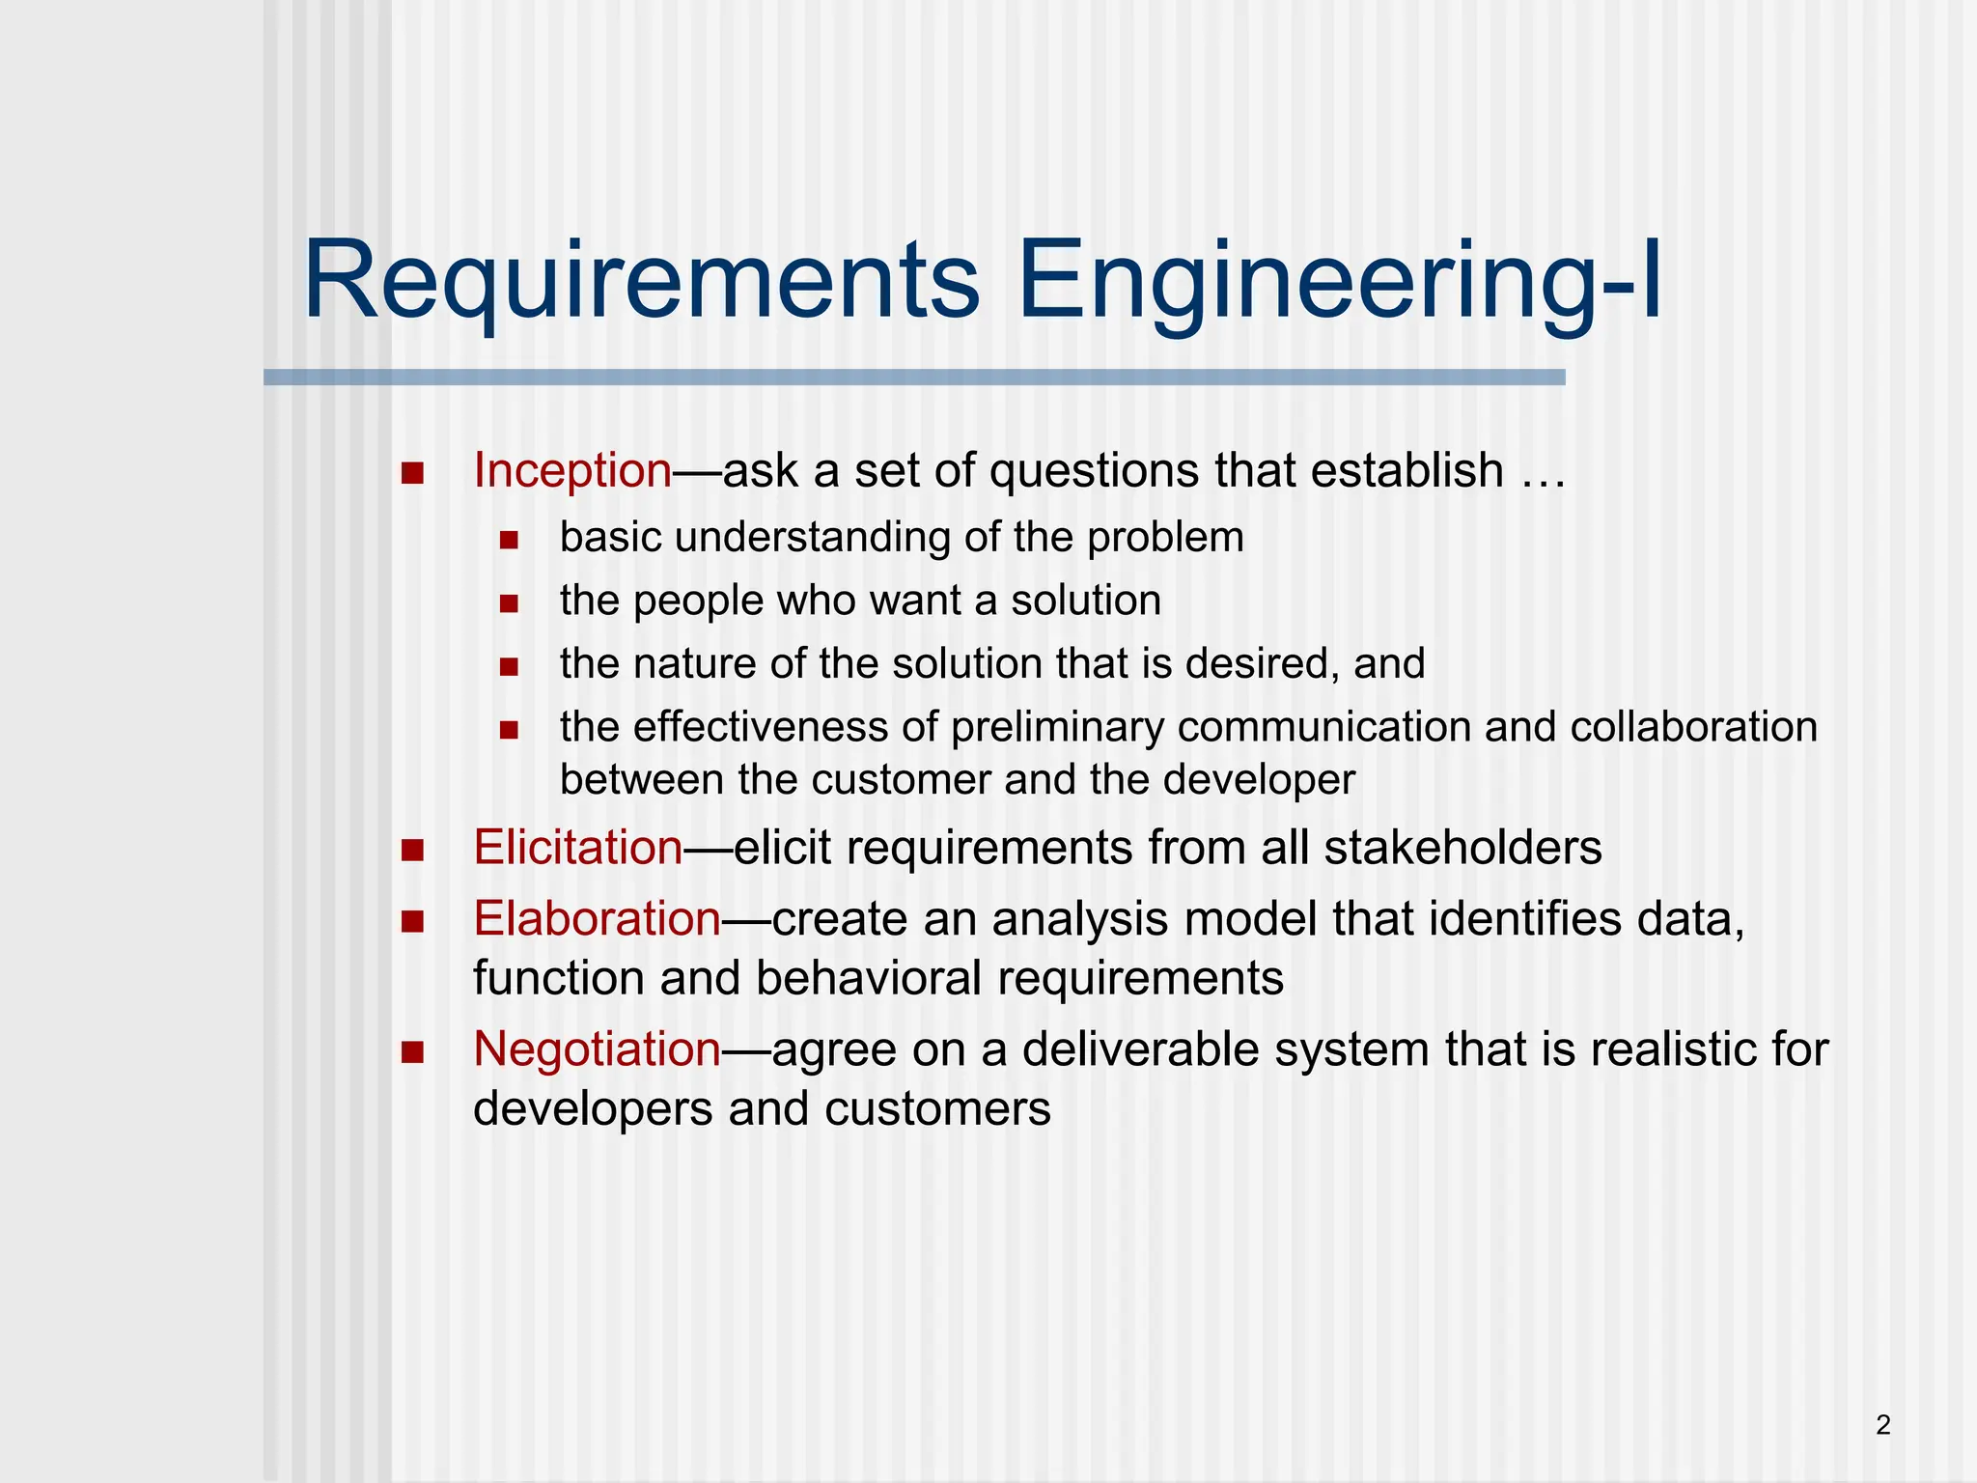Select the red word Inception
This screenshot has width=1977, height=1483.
pyautogui.click(x=571, y=471)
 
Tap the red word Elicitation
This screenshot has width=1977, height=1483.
pyautogui.click(x=577, y=848)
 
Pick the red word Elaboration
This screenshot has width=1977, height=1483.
pyautogui.click(x=597, y=918)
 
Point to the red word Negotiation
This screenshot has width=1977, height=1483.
pyautogui.click(x=597, y=1049)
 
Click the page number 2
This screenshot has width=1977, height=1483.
pyautogui.click(x=1882, y=1425)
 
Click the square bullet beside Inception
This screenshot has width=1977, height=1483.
pyautogui.click(x=413, y=473)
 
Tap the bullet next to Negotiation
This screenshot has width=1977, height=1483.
pyautogui.click(x=413, y=1051)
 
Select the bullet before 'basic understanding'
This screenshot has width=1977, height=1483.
pyautogui.click(x=510, y=540)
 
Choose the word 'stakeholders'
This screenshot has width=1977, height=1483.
pyautogui.click(x=1462, y=848)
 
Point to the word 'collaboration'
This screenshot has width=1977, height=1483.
pyautogui.click(x=1693, y=727)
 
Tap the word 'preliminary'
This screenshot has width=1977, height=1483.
pyautogui.click(x=1057, y=727)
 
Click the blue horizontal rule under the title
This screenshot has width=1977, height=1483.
pyautogui.click(x=913, y=378)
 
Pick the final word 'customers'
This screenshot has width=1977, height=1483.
pyautogui.click(x=937, y=1108)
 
